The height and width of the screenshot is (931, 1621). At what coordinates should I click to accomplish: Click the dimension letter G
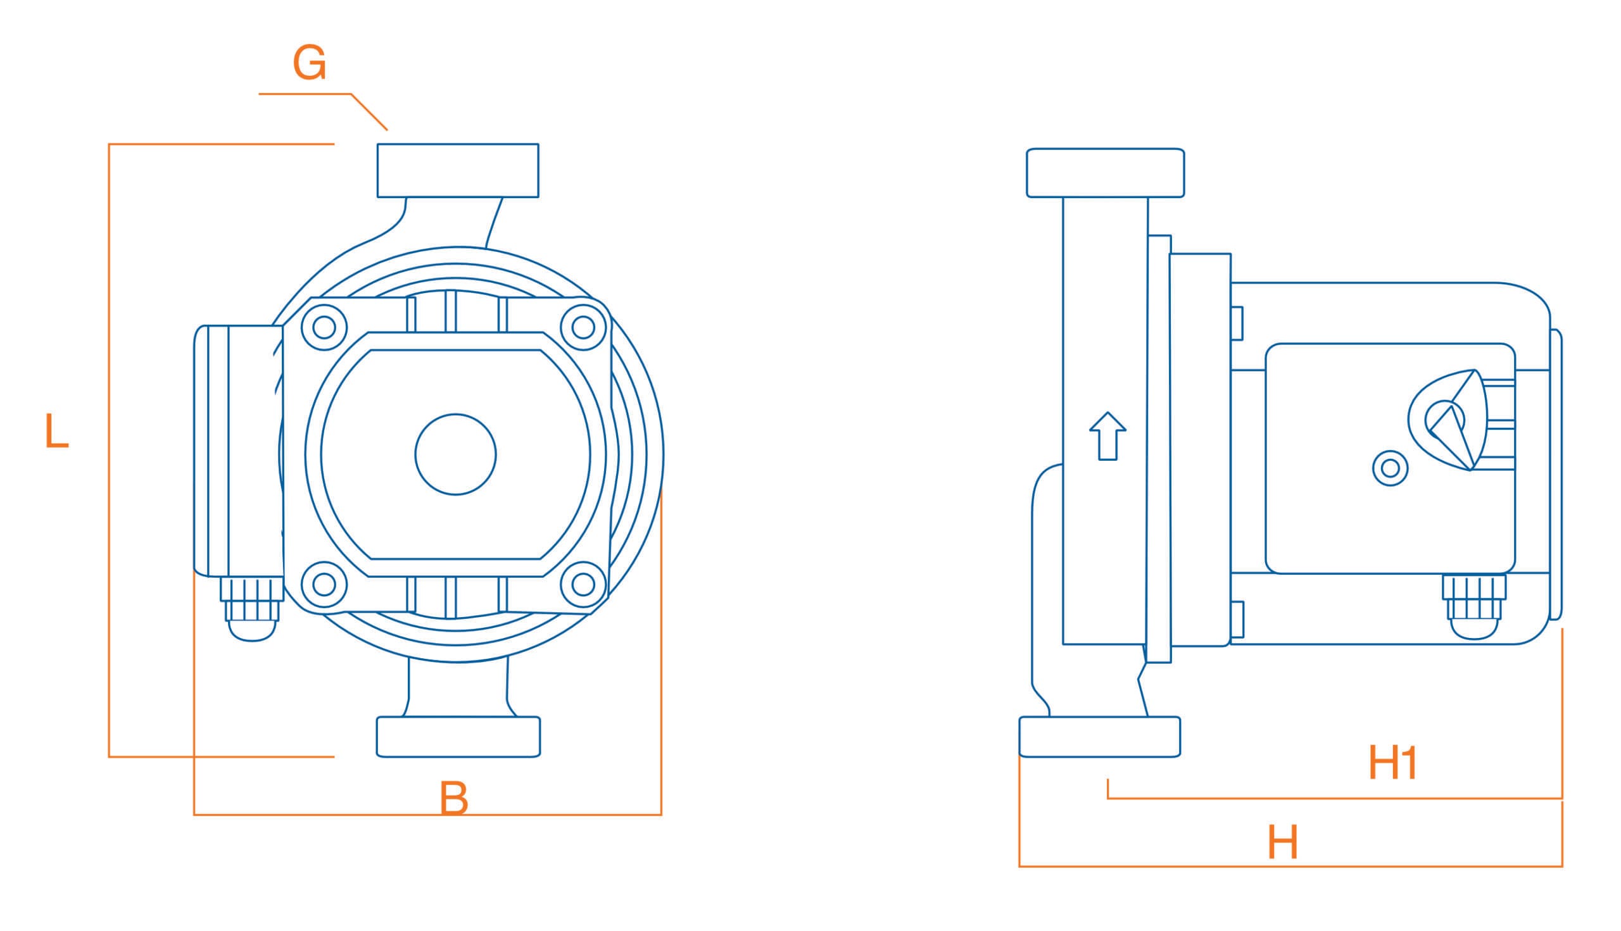coord(310,63)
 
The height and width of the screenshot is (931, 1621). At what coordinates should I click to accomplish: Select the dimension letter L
coord(56,431)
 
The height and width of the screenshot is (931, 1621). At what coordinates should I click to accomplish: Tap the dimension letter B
coord(453,798)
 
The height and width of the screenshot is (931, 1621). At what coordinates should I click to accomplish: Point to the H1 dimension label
coord(1392,761)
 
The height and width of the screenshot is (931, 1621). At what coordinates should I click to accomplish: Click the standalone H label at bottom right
coord(1283,842)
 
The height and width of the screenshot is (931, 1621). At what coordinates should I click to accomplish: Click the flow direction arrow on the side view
coord(1107,436)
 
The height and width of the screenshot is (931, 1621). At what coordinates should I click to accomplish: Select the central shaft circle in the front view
coord(455,454)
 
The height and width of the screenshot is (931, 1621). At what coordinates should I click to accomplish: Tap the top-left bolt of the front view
coord(324,327)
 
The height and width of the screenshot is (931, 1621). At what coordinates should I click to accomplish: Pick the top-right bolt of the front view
coord(583,327)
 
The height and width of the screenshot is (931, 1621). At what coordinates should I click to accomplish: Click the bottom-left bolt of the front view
coord(324,584)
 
